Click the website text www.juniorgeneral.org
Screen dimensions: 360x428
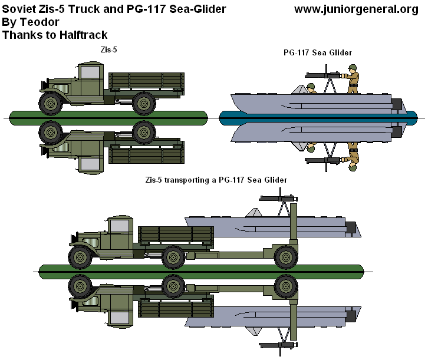point(360,10)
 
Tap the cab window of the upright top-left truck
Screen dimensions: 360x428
point(89,73)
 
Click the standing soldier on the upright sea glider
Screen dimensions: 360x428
point(353,80)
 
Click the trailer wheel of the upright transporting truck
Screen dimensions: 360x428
point(286,256)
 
